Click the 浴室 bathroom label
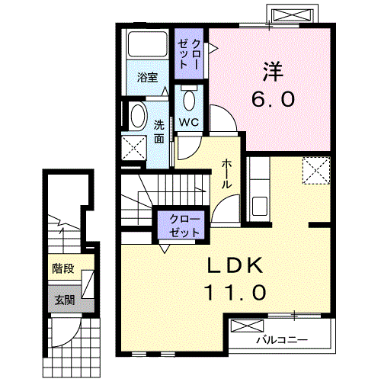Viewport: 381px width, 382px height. [147, 78]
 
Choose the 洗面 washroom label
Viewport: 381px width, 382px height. [158, 132]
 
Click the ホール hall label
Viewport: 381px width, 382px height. [227, 174]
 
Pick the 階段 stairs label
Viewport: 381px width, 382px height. [63, 268]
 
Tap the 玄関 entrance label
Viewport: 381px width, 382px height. [63, 300]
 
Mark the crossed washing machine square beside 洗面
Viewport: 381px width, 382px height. [134, 147]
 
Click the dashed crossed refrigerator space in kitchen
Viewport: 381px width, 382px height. [315, 170]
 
